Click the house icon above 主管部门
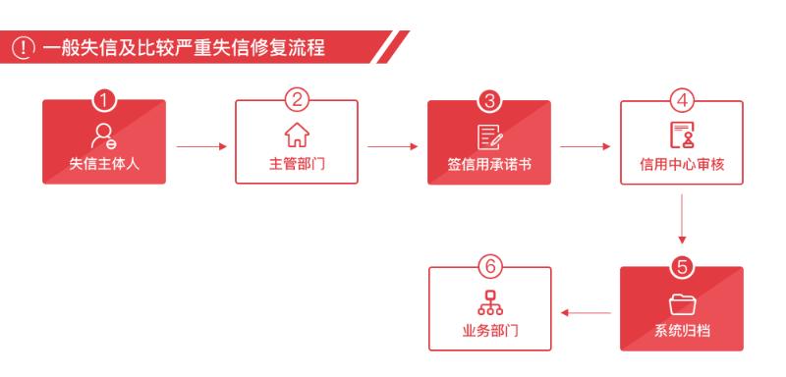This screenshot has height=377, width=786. tap(296, 132)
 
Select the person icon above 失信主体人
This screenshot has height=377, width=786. tap(104, 132)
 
